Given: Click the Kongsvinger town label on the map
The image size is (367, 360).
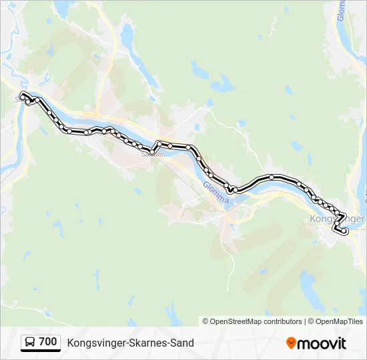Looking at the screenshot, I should click(338, 219).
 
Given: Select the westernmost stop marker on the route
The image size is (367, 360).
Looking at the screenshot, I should click(23, 95).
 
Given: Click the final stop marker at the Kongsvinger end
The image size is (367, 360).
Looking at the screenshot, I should click(346, 231).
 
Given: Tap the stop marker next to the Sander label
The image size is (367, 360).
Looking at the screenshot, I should click(152, 153).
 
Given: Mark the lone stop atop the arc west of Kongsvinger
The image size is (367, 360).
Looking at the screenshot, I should click(272, 177).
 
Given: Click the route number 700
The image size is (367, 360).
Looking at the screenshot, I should click(47, 342).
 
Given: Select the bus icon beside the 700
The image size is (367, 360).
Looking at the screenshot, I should click(30, 342).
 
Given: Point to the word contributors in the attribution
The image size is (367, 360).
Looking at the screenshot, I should click(283, 321).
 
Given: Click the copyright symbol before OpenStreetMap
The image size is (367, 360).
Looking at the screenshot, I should click(206, 321).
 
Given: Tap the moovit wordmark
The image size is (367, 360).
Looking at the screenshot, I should click(322, 343).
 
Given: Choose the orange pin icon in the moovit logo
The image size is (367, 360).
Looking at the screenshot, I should click(291, 343).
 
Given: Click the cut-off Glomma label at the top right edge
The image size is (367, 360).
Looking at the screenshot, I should click(340, 10).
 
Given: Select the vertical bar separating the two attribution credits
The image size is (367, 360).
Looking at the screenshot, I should click(305, 321).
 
